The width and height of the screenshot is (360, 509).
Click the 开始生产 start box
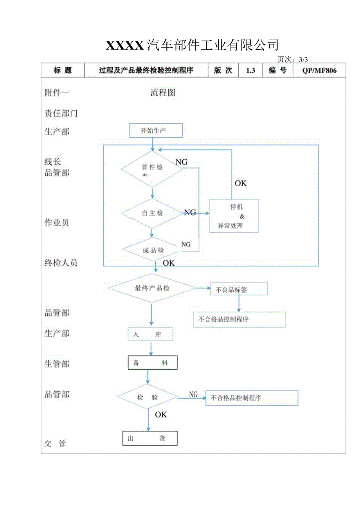tap(156, 131)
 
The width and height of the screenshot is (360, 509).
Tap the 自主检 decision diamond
tap(152, 213)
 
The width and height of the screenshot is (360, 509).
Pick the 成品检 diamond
tap(153, 250)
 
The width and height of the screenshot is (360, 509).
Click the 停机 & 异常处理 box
tap(234, 216)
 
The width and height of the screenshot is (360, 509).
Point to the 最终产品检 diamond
tap(152, 288)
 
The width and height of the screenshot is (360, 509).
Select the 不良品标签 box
tap(239, 289)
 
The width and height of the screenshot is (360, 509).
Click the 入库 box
tap(150, 335)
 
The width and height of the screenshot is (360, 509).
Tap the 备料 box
tap(153, 363)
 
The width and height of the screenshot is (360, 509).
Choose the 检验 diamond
tap(148, 397)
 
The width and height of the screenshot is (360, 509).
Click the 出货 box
tap(150, 438)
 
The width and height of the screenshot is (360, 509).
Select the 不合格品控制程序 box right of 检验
tap(252, 398)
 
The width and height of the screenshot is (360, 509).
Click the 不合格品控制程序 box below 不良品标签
tap(239, 319)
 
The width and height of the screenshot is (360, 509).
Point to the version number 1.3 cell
tap(250, 70)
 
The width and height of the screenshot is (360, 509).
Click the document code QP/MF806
tap(319, 70)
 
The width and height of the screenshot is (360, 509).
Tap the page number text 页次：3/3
tap(293, 59)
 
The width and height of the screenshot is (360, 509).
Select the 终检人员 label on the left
tap(61, 263)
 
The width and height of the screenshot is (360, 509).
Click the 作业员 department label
tap(57, 223)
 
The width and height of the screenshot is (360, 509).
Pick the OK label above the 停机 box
tap(241, 183)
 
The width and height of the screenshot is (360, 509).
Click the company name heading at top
tap(192, 45)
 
